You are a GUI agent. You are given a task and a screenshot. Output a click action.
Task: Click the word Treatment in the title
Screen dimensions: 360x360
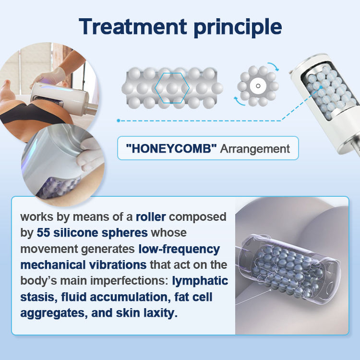[x=133, y=26]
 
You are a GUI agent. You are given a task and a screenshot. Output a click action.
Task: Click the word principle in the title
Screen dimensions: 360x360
[x=238, y=28]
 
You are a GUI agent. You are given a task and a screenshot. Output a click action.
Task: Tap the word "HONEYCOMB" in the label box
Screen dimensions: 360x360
[x=171, y=148]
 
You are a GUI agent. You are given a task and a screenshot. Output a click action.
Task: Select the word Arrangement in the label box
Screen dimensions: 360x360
[x=255, y=149]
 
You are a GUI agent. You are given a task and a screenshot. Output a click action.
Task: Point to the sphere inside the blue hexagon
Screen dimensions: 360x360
[x=172, y=88]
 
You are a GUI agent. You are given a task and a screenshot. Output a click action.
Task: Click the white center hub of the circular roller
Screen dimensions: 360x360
[x=258, y=86]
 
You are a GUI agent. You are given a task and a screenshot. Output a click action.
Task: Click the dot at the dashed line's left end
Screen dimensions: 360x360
[x=119, y=120]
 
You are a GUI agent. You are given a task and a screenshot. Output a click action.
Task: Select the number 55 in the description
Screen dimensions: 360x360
[x=43, y=233]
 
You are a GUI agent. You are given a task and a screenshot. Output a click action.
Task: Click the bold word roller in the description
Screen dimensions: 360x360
[x=151, y=217]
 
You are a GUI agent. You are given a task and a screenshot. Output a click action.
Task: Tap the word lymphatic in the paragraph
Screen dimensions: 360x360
[x=200, y=281]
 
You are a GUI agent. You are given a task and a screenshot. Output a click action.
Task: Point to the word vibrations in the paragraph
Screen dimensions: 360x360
[x=118, y=264]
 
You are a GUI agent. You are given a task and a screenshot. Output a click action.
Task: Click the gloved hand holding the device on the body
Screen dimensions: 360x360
[x=49, y=76]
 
